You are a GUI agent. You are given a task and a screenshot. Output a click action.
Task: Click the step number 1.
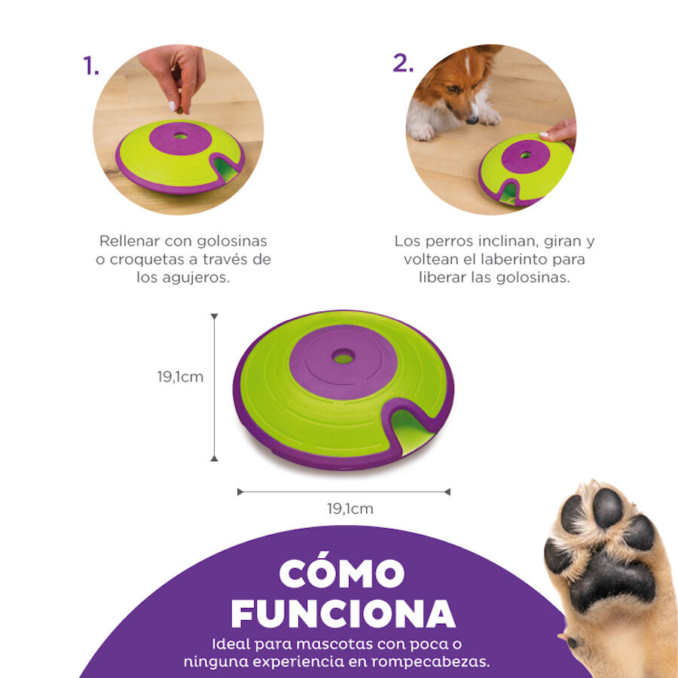[91, 66]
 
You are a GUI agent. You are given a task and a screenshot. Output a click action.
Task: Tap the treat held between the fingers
[181, 111]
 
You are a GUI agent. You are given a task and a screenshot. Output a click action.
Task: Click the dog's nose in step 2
[472, 118]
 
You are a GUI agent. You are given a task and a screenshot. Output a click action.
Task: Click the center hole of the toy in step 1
[182, 138]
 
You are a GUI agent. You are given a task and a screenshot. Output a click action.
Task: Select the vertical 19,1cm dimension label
[180, 377]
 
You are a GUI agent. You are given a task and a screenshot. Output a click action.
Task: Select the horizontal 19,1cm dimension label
[350, 508]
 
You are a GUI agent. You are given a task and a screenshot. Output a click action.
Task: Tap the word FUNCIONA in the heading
[343, 614]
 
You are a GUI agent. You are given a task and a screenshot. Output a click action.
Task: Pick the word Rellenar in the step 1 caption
[130, 241]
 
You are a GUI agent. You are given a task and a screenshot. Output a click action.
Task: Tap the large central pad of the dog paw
[610, 580]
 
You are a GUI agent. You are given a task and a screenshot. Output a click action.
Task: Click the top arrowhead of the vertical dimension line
[214, 317]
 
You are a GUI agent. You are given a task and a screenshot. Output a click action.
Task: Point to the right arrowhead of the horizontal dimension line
[447, 492]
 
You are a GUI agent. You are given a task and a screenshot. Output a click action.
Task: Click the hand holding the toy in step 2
[560, 132]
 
